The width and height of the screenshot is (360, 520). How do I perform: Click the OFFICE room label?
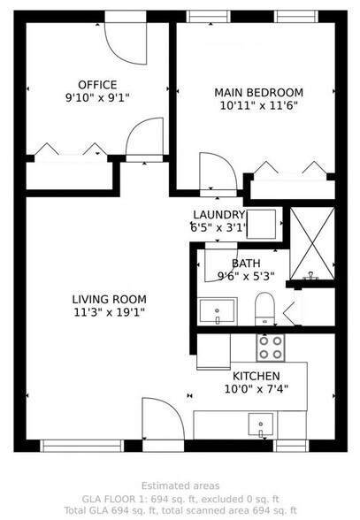click(97, 85)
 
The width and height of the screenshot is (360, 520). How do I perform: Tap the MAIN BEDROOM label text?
click(259, 92)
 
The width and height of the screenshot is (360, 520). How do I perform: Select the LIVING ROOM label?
click(110, 299)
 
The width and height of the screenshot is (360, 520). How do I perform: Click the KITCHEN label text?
click(257, 376)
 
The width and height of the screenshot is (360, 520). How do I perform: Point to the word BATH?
click(246, 264)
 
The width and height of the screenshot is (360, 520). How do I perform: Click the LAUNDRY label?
click(218, 215)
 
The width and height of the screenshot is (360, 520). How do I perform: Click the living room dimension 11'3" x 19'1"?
click(110, 311)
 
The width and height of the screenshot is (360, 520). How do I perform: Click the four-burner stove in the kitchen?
click(272, 348)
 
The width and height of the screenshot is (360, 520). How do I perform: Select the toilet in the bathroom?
click(264, 309)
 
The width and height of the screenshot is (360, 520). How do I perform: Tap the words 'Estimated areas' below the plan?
click(180, 486)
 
